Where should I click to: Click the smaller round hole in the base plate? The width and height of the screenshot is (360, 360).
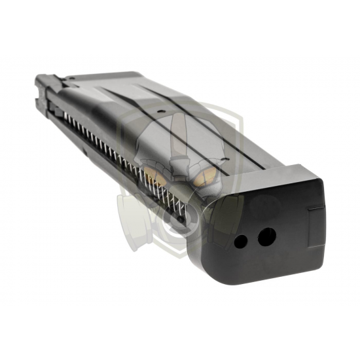pyautogui.click(x=240, y=242)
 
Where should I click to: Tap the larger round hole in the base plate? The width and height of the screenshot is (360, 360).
pyautogui.click(x=266, y=236)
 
